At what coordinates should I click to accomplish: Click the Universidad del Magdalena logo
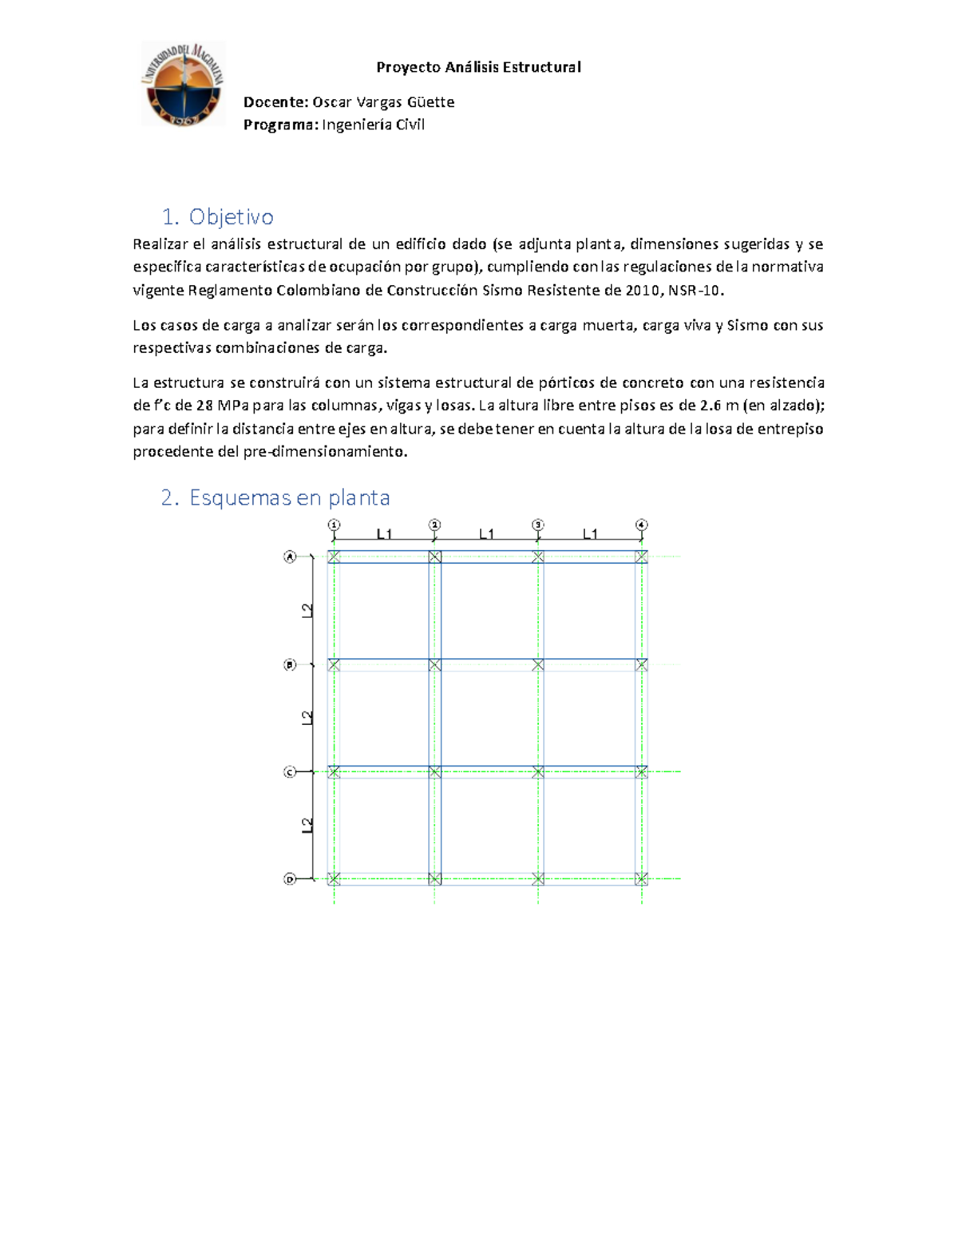click(182, 84)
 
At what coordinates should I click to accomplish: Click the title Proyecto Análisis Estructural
click(478, 67)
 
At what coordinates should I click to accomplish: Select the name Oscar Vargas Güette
click(383, 102)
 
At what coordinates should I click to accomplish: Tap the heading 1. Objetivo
click(217, 216)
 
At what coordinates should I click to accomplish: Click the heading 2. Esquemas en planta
click(275, 497)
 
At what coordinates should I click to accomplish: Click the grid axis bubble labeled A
click(290, 557)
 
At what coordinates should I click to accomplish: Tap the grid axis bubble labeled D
click(290, 879)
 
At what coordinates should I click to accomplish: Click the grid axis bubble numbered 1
click(334, 525)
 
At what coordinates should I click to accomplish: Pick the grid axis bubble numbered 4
click(642, 525)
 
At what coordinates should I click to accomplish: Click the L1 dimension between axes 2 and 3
click(486, 534)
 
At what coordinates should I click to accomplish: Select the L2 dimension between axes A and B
click(307, 611)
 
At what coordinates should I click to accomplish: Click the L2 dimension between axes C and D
click(307, 826)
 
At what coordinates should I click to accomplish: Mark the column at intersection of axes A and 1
click(334, 557)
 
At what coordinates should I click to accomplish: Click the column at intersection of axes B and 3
click(538, 664)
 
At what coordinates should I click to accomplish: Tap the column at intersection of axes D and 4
click(642, 879)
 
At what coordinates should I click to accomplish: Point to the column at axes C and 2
click(434, 772)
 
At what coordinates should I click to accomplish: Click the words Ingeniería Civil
click(373, 125)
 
